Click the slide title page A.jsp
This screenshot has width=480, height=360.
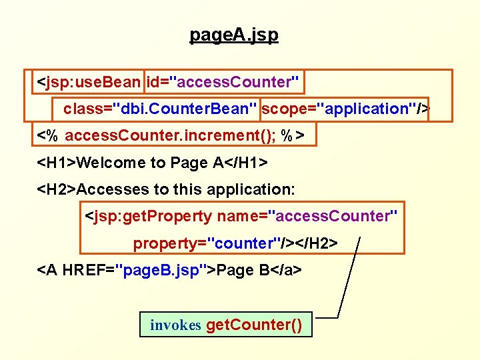click(x=234, y=35)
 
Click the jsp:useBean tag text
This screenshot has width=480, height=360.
click(x=89, y=83)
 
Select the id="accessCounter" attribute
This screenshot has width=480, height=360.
click(x=223, y=83)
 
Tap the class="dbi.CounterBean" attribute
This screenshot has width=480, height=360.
click(x=160, y=109)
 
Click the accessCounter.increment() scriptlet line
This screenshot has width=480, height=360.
click(x=171, y=136)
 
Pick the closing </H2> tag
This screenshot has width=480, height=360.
click(x=314, y=243)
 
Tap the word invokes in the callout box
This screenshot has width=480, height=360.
click(x=175, y=325)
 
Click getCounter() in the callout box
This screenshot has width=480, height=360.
click(x=254, y=325)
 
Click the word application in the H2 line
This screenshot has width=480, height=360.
click(x=251, y=189)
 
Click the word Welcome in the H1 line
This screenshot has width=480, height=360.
click(x=111, y=163)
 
